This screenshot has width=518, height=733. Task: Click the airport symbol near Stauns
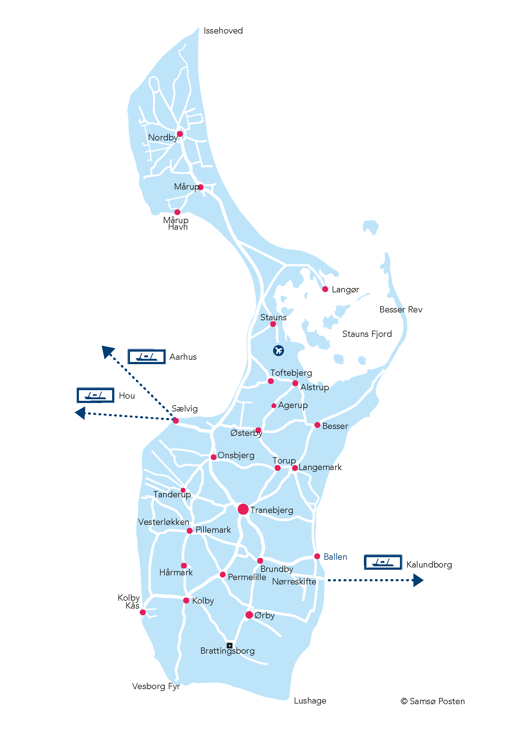[x=278, y=351]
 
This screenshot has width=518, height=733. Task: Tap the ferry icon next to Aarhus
[x=146, y=357]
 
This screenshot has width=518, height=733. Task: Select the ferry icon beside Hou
[x=96, y=395]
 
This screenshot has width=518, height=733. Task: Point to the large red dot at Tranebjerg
[x=243, y=509]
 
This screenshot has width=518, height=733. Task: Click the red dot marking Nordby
[x=180, y=134]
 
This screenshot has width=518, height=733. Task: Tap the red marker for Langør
[x=325, y=289]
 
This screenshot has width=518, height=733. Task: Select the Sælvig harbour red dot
[x=176, y=421]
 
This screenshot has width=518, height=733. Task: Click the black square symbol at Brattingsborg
[x=229, y=646]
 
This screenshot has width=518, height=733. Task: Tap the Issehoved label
[x=223, y=31]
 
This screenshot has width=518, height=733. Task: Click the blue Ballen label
[x=335, y=557]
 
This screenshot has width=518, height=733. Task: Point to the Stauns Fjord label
[x=367, y=334]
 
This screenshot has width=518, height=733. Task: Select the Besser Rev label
[x=401, y=309]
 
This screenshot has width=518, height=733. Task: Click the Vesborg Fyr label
[x=156, y=686]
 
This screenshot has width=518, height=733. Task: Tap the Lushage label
[x=310, y=701]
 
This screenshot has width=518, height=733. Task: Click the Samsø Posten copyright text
[x=433, y=701]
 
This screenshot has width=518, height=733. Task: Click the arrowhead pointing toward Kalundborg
[x=418, y=580]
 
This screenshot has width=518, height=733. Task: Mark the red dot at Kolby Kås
[x=142, y=612]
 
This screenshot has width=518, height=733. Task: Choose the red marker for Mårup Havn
[x=177, y=212]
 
